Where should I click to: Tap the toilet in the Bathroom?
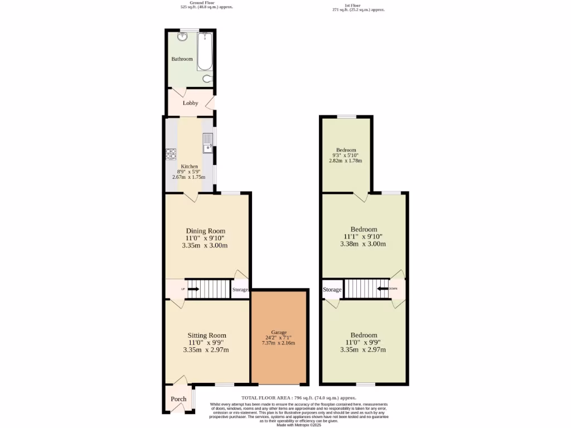pyautogui.click(x=207, y=79)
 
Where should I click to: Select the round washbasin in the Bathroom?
pyautogui.click(x=182, y=37)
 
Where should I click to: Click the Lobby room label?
pyautogui.click(x=191, y=103)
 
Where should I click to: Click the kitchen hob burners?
pyautogui.click(x=171, y=153)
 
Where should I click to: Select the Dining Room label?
pyautogui.click(x=206, y=231)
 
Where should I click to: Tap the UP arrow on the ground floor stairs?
pyautogui.click(x=192, y=289)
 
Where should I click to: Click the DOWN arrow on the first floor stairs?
pyautogui.click(x=384, y=289)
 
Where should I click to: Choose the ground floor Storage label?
pyautogui.click(x=240, y=290)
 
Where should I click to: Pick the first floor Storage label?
pyautogui.click(x=332, y=290)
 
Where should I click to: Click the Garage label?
pyautogui.click(x=279, y=332)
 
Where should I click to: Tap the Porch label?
pyautogui.click(x=178, y=399)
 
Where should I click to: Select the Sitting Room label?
pyautogui.click(x=206, y=335)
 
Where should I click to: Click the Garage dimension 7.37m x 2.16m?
pyautogui.click(x=279, y=343)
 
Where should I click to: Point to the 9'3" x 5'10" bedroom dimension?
pyautogui.click(x=346, y=155)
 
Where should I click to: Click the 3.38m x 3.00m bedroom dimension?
pyautogui.click(x=364, y=244)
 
